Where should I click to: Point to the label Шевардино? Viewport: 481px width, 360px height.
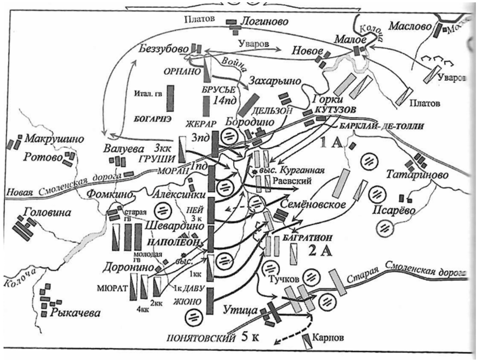point(169,227)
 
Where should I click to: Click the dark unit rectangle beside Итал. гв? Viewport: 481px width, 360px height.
point(170,98)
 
